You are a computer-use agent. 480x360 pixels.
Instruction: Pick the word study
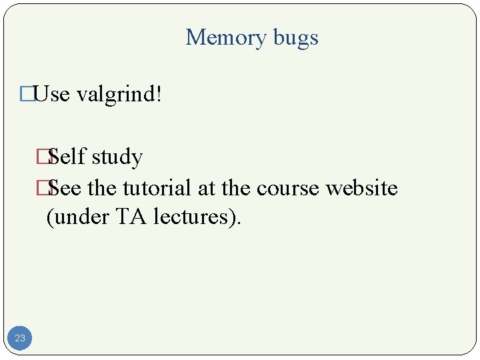(117, 158)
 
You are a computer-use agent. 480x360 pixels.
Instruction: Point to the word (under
(74, 217)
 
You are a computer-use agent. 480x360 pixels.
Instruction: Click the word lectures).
(193, 217)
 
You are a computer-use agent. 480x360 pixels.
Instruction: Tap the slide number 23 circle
(20, 338)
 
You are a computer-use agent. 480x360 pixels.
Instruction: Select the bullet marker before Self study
(44, 157)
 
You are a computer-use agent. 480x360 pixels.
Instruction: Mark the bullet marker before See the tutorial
(44, 188)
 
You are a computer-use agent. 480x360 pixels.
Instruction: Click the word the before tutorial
(102, 188)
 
